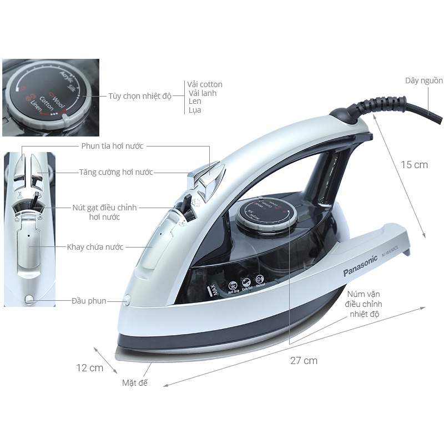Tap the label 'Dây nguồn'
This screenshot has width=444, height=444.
coord(423,80)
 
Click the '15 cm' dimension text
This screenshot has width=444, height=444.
coord(415,165)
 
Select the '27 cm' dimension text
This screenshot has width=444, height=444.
coord(304,361)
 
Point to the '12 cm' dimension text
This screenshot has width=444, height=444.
coord(90,367)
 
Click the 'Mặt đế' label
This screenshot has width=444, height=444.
coord(135,383)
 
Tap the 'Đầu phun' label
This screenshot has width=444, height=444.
coord(89,301)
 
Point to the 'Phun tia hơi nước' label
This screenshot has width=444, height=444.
coord(112,146)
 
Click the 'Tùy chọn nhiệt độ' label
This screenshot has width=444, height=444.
coord(140,96)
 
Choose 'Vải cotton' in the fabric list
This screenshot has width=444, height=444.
coord(204,84)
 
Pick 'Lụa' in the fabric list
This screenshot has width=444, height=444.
coord(194,110)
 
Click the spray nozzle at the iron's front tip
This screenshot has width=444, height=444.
coord(127,300)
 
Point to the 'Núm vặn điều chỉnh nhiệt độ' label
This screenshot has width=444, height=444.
coord(365,304)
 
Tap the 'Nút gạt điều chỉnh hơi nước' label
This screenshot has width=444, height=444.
coord(104,212)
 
